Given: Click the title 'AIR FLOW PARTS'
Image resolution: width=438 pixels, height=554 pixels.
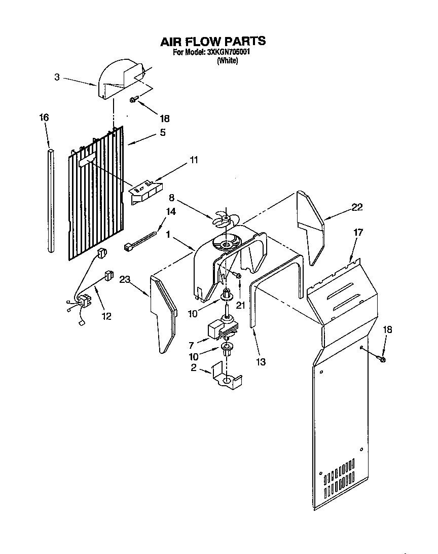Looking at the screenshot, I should [x=213, y=41].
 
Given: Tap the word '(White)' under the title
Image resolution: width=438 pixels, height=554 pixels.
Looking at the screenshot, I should [x=227, y=61].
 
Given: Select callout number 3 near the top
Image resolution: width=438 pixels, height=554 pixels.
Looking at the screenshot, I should [x=57, y=77].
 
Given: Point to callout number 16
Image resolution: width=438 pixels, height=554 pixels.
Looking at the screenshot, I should [x=44, y=118].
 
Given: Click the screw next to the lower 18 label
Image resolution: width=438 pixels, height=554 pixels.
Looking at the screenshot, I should [x=382, y=358].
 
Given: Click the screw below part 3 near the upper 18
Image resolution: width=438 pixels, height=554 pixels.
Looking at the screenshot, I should [x=133, y=100].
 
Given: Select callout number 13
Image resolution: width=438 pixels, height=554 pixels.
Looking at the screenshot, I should [x=262, y=362].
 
